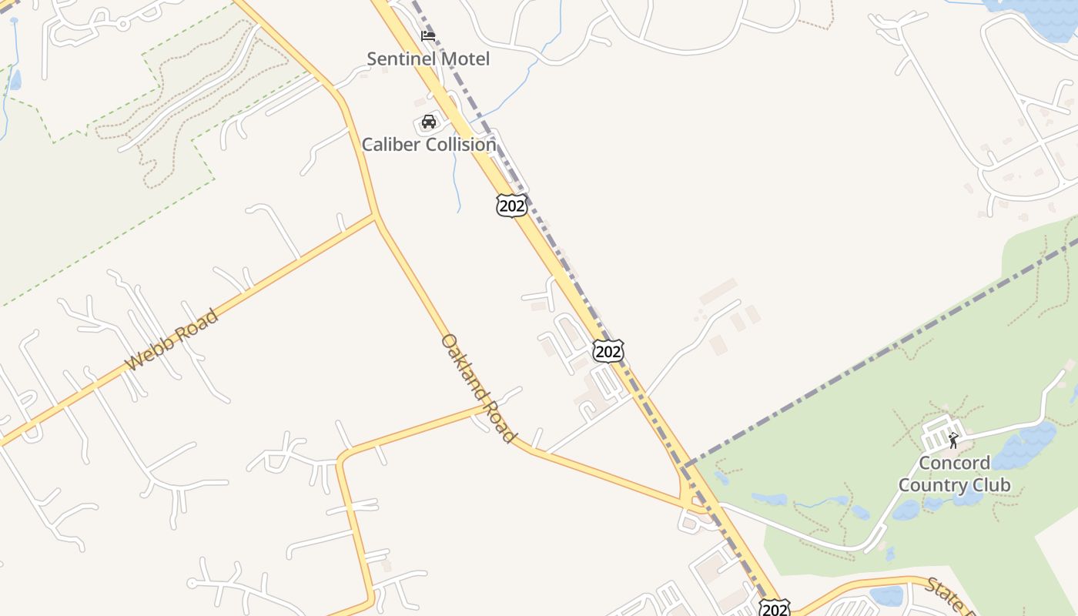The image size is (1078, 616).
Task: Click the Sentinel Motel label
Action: click(x=427, y=59)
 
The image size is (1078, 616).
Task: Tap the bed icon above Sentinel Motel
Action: click(x=428, y=35)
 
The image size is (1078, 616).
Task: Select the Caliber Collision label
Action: click(x=429, y=144)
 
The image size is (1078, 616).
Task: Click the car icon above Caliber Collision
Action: click(x=429, y=122)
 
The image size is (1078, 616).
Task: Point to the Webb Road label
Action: click(x=172, y=340)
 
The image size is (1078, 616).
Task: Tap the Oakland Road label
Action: click(x=477, y=388)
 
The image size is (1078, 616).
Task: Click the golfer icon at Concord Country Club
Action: click(x=953, y=440)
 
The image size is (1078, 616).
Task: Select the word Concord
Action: click(x=954, y=463)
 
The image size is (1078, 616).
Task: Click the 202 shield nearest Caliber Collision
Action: click(x=512, y=205)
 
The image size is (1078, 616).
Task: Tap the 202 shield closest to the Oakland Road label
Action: click(x=608, y=351)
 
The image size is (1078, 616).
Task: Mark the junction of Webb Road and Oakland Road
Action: click(x=375, y=216)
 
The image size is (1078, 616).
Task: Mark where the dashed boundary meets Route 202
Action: click(x=684, y=467)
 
